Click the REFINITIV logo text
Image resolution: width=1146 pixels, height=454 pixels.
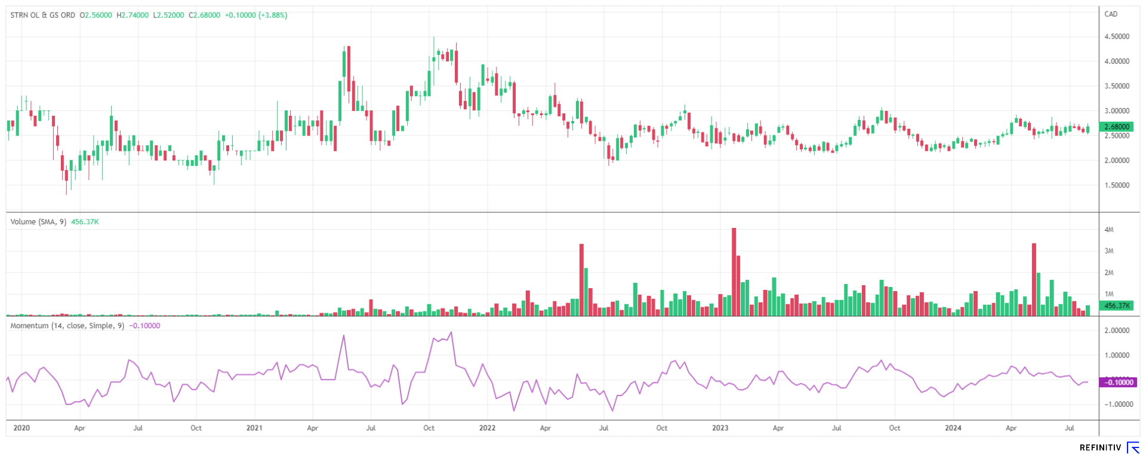point(1100,447)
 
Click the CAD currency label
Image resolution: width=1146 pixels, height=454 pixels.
point(1111,14)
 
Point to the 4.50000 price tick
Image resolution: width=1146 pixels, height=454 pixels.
point(1117,36)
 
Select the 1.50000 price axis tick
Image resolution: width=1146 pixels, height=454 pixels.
point(1117,186)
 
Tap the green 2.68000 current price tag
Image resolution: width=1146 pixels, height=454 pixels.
point(1117,126)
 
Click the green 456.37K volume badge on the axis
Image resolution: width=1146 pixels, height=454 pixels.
point(1117,305)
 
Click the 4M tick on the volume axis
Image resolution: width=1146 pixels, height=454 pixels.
point(1109,230)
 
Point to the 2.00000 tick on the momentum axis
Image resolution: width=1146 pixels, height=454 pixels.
point(1117,331)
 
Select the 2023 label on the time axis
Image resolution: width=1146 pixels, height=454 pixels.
point(720,428)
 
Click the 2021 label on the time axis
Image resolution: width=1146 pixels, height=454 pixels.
point(254,428)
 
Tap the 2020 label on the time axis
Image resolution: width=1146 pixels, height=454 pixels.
point(21,428)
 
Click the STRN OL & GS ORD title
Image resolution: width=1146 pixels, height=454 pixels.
point(43,15)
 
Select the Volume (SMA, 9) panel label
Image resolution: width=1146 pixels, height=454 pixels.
point(38,222)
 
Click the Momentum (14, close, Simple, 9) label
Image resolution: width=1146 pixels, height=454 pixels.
point(67,326)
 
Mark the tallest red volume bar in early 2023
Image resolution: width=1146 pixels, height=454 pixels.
point(734,271)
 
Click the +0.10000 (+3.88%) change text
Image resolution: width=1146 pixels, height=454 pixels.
point(256,15)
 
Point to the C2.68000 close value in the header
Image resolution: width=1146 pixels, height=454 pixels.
point(204,15)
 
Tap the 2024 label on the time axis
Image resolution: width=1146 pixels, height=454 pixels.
point(953,428)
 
